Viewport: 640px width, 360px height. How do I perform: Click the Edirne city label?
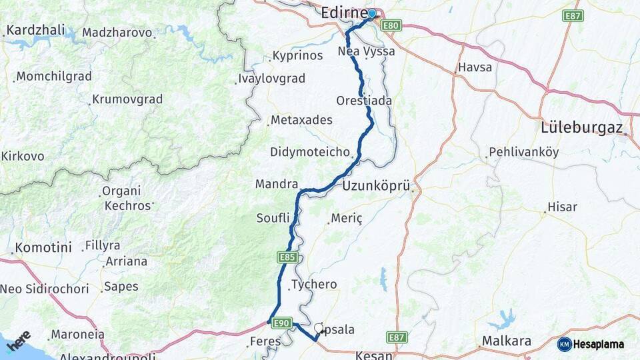pyautogui.click(x=343, y=13)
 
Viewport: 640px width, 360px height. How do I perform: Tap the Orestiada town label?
pyautogui.click(x=364, y=101)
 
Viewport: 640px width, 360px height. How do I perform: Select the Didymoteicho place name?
pyautogui.click(x=310, y=152)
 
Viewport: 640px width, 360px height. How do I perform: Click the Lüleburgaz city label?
pyautogui.click(x=582, y=127)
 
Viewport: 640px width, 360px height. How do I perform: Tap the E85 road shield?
pyautogui.click(x=287, y=257)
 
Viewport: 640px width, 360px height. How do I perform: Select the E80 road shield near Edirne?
pyautogui.click(x=391, y=25)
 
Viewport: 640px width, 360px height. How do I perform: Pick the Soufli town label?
pyautogui.click(x=273, y=218)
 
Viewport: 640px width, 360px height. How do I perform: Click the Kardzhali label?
pyautogui.click(x=34, y=31)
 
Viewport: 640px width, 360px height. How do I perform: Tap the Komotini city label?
pyautogui.click(x=43, y=247)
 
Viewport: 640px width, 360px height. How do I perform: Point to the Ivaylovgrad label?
pyautogui.click(x=271, y=79)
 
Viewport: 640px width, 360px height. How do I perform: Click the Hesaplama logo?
pyautogui.click(x=591, y=345)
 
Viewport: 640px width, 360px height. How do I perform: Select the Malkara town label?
pyautogui.click(x=507, y=342)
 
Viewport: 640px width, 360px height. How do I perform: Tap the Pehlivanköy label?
pyautogui.click(x=523, y=152)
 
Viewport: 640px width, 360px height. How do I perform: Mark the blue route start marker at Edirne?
pyautogui.click(x=372, y=13)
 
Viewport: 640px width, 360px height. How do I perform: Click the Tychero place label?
pyautogui.click(x=314, y=285)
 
